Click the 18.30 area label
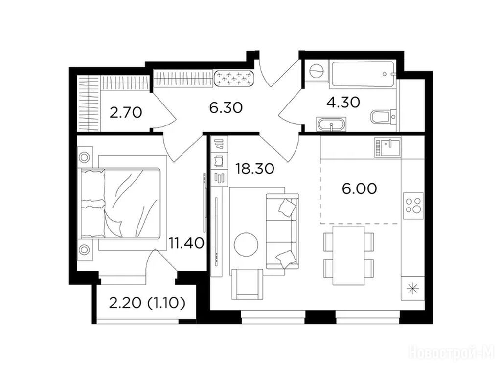[x=254, y=168]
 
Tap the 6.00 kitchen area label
[x=360, y=189]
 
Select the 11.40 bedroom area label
[x=186, y=243]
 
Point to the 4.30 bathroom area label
[x=343, y=103]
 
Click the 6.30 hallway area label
[x=226, y=108]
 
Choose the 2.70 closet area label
[x=126, y=113]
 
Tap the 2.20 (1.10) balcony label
[x=147, y=303]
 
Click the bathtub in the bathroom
[x=363, y=75]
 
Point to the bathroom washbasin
[x=331, y=124]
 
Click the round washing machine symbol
[x=317, y=70]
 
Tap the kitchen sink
[x=388, y=147]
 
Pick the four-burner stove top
[x=413, y=206]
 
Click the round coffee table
[x=246, y=245]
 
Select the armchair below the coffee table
[x=248, y=284]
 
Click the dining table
[x=348, y=255]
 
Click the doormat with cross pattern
[x=234, y=79]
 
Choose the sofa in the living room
[x=282, y=230]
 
